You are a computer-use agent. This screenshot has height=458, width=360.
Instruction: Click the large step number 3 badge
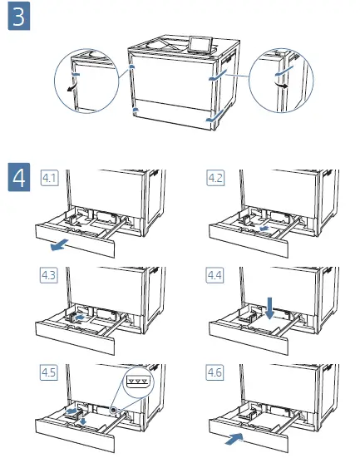[x=19, y=16]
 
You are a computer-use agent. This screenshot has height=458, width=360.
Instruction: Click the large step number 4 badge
[x=19, y=177]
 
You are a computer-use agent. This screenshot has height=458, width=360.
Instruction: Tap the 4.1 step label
[x=49, y=178]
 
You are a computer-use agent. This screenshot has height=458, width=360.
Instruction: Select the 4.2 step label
[x=215, y=178]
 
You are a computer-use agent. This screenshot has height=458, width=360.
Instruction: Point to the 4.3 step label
[x=49, y=275]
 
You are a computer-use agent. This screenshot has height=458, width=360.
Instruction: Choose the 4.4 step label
[x=215, y=275]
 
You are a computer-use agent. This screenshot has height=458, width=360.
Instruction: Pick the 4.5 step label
[x=49, y=372]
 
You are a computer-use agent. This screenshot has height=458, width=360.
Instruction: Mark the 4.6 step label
[x=215, y=372]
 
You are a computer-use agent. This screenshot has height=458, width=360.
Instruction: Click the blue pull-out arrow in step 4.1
[x=59, y=244]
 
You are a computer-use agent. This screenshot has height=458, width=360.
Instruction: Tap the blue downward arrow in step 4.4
[x=269, y=308]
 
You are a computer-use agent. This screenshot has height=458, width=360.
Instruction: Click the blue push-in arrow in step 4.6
[x=234, y=439]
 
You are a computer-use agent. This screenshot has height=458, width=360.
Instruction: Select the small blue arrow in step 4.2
[x=264, y=228]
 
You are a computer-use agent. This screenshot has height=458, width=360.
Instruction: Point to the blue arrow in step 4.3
[x=79, y=318]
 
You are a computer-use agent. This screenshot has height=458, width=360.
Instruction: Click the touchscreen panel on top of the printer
[x=200, y=45]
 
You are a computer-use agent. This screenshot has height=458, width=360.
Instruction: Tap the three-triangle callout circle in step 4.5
[x=139, y=381]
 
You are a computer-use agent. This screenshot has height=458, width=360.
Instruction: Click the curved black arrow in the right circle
[x=282, y=84]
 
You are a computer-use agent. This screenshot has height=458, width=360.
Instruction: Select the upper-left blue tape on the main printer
[x=132, y=67]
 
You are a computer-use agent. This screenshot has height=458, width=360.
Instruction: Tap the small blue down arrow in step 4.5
[x=83, y=421]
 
